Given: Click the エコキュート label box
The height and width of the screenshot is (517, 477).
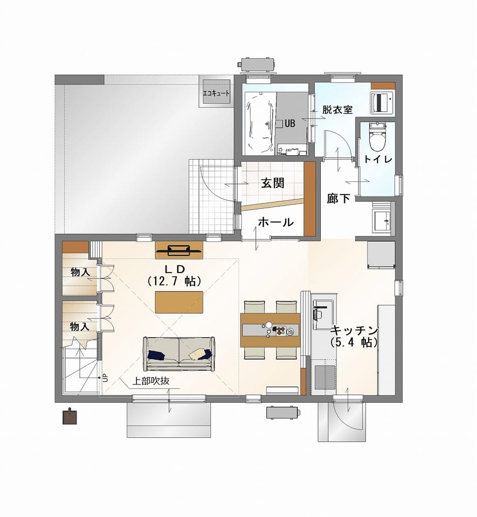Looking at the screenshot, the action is [x=216, y=93].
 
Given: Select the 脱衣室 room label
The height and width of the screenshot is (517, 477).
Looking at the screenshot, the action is [x=337, y=110].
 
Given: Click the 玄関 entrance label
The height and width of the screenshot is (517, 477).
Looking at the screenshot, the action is [x=273, y=183].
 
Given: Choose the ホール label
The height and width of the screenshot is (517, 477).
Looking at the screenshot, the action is [x=276, y=222].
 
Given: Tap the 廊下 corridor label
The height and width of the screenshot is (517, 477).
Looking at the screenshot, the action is [x=338, y=199].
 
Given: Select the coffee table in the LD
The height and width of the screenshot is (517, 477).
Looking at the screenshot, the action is [x=179, y=302].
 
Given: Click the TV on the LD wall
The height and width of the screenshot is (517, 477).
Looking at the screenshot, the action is [x=179, y=250].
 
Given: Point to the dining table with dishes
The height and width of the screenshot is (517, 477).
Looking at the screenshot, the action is [x=271, y=330].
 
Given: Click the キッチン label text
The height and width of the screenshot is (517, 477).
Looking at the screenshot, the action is [x=354, y=330].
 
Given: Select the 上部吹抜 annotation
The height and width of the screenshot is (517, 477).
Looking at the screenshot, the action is [x=151, y=381].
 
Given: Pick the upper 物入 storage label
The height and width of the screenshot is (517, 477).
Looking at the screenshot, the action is [x=80, y=273].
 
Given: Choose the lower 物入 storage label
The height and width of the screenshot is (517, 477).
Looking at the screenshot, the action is [x=80, y=327].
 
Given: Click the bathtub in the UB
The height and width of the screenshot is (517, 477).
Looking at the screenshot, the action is [x=260, y=122].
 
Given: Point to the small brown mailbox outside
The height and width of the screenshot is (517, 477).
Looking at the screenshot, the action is [x=70, y=416].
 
